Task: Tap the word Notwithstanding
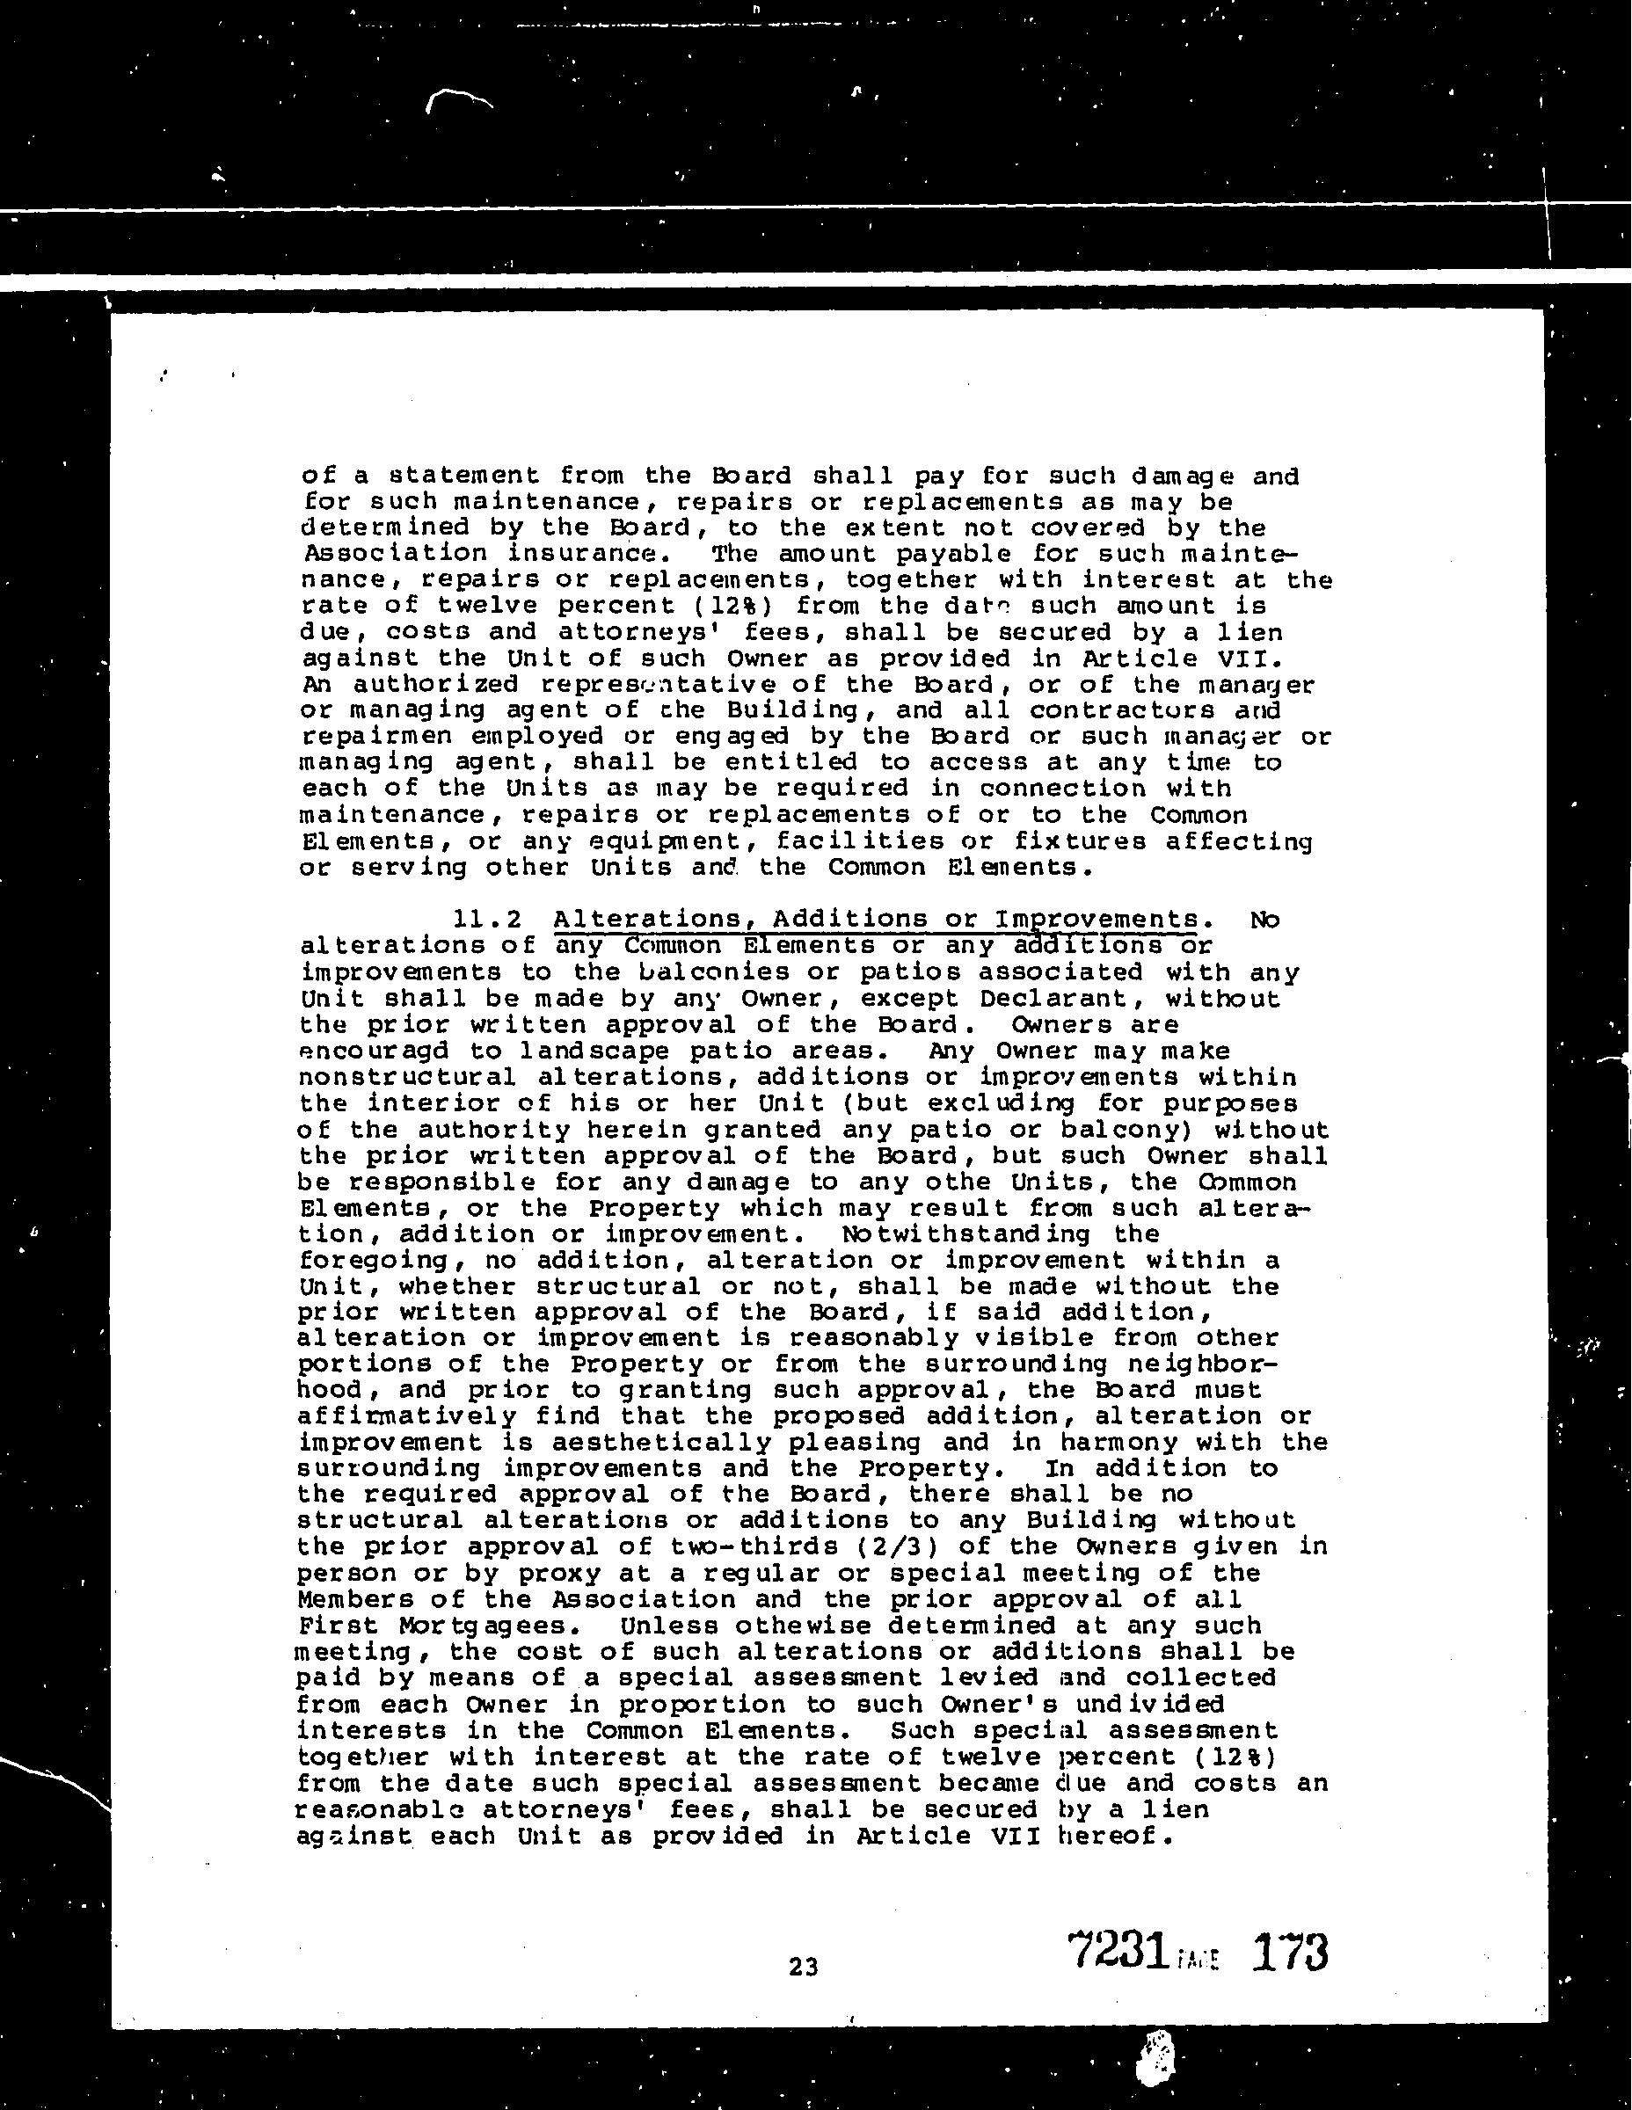(x=966, y=1233)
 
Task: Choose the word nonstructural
(x=407, y=1077)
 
